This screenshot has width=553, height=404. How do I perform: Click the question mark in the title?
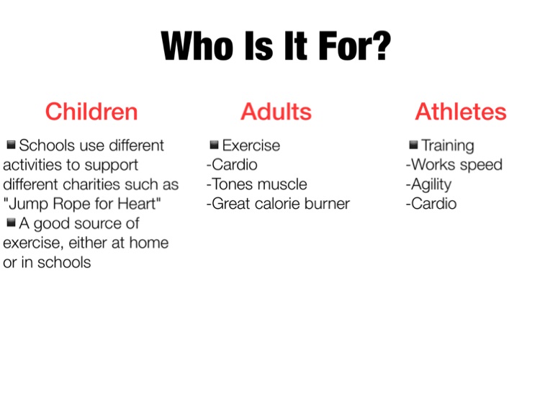tap(381, 46)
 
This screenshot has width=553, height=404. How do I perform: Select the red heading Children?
tap(91, 112)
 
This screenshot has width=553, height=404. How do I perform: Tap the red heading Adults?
tap(276, 112)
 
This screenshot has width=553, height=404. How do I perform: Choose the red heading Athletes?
tap(461, 112)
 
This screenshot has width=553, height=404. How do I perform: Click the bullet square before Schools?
tap(11, 144)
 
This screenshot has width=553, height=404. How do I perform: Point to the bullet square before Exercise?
tap(214, 145)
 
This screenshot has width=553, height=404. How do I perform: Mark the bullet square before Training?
tap(413, 145)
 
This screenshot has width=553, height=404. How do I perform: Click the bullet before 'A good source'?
tap(11, 223)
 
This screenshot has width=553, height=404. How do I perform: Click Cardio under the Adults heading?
tap(235, 165)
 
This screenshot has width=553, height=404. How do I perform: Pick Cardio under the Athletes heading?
tap(433, 204)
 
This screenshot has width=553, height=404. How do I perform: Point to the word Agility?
tap(431, 184)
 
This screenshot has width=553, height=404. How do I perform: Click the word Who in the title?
tap(197, 46)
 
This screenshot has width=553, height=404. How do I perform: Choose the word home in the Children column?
tap(149, 243)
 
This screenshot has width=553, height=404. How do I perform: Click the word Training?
tap(448, 146)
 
